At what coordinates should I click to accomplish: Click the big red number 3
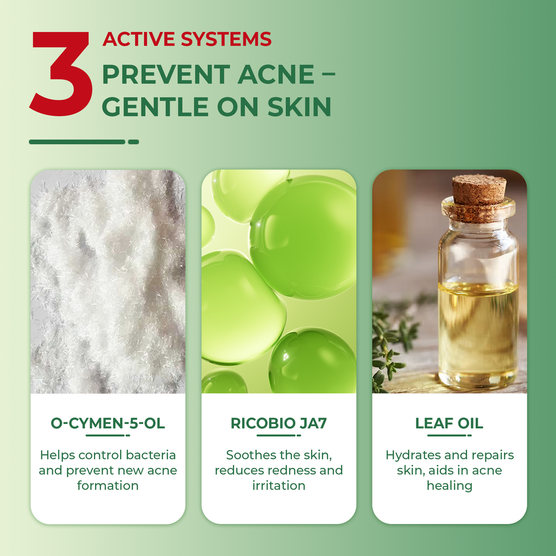61,73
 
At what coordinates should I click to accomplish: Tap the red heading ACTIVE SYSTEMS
187,39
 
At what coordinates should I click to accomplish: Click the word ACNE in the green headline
276,74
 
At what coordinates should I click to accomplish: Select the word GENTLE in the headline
155,107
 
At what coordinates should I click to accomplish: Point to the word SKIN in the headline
299,107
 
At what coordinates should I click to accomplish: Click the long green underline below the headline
77,142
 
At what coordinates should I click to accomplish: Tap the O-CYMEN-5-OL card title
108,423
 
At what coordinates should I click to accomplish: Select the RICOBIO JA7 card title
279,423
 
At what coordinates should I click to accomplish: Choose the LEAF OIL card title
449,423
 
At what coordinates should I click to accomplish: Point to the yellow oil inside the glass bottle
478,330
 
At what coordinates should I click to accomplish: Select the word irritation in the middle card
279,485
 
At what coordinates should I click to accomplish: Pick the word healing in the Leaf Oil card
449,486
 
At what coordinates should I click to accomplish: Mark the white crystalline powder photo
108,282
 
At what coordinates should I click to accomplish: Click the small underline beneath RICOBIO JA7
276,435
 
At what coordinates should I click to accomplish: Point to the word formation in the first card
108,485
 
